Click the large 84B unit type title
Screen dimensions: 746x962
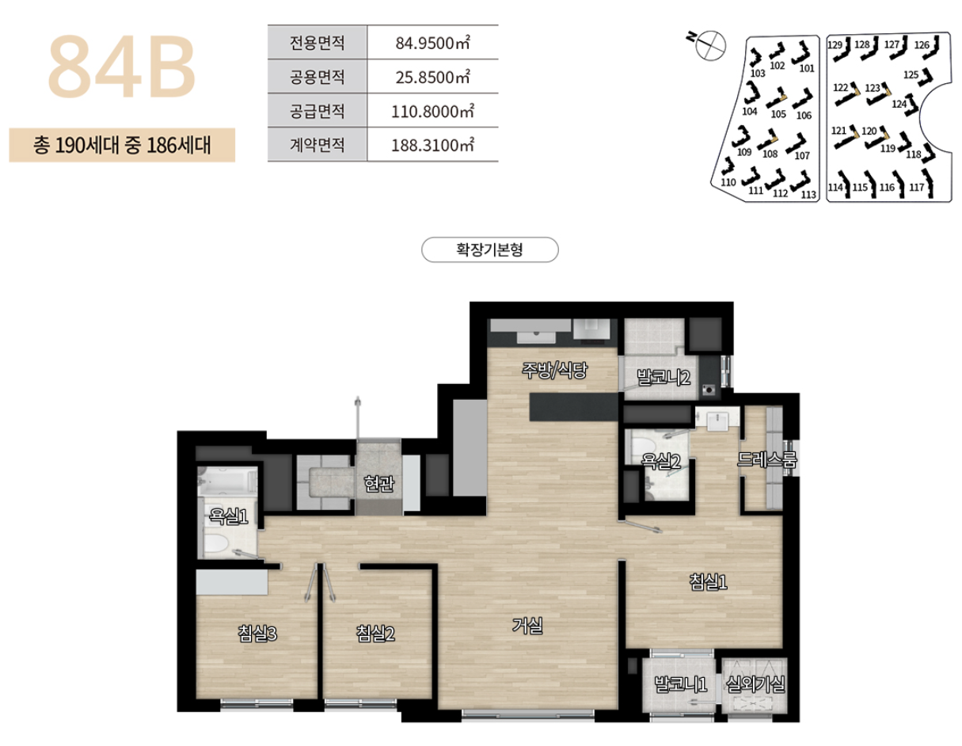point(122,67)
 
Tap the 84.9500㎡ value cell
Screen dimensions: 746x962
point(432,43)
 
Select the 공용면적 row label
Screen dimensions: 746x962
point(317,77)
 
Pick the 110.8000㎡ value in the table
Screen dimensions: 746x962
point(432,111)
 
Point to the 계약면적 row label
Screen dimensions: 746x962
point(317,145)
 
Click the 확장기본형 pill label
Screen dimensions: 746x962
point(490,250)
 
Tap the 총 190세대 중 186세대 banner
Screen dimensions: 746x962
point(122,146)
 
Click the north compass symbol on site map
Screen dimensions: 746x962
point(709,44)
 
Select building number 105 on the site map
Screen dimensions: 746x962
point(778,112)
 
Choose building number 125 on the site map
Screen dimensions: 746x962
point(911,75)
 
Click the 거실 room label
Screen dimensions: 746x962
point(527,626)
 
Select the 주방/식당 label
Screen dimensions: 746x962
point(553,369)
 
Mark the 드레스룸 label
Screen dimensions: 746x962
point(766,459)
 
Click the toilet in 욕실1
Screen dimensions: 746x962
point(216,543)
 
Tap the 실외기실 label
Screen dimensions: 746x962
point(755,684)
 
